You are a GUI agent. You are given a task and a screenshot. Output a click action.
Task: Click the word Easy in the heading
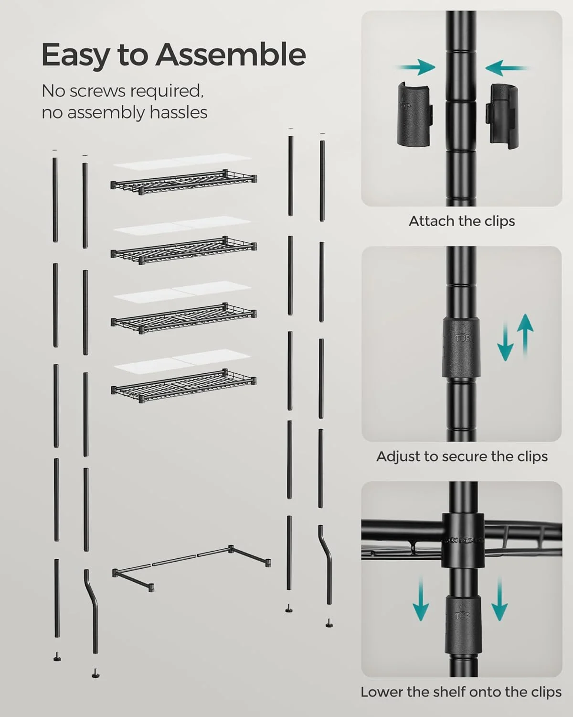tap(76, 55)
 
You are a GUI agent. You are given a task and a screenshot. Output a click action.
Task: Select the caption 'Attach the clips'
tap(461, 221)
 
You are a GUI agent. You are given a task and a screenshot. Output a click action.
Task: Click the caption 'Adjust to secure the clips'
tap(461, 456)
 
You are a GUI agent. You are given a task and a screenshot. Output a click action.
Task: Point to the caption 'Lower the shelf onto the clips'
tap(461, 692)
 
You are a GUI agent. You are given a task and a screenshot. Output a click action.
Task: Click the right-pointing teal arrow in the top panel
tap(415, 67)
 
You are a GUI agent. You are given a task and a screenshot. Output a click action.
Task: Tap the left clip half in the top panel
tap(415, 114)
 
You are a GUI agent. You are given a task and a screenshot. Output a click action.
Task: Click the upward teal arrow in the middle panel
tap(525, 335)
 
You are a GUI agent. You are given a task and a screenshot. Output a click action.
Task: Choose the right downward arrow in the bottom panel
tap(499, 598)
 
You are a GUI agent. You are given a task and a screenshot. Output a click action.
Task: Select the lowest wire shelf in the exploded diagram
tap(183, 385)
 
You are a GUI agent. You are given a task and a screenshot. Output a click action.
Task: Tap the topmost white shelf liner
tap(182, 161)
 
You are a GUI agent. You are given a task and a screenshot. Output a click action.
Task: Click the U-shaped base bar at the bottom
tap(191, 566)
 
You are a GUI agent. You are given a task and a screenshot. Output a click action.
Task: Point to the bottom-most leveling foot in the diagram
tap(96, 674)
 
